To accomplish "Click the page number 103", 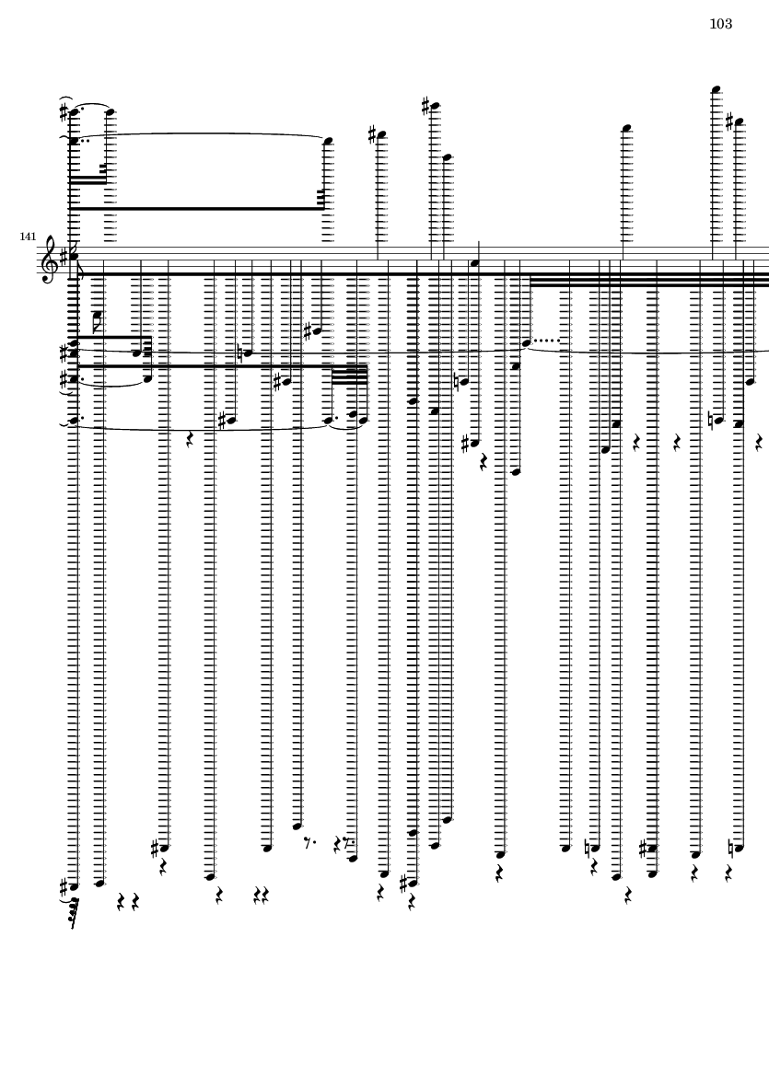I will click(720, 24).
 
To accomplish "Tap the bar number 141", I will click(28, 237).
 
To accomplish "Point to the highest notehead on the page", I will click(716, 89).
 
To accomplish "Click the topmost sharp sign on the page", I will click(425, 106).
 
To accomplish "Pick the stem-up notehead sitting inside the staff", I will click(474, 263).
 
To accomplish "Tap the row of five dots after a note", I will click(547, 341).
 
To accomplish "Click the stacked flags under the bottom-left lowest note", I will click(74, 913).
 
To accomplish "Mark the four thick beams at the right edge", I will click(649, 280).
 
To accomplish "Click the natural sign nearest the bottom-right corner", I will click(731, 848).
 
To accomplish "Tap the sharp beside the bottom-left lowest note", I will click(64, 886).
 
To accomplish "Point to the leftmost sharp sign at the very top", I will click(64, 112).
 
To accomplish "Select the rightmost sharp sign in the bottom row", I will click(644, 848).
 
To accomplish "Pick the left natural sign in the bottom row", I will click(588, 848).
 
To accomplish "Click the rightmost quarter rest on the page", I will click(759, 443).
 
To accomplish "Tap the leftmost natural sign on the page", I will click(239, 353).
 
